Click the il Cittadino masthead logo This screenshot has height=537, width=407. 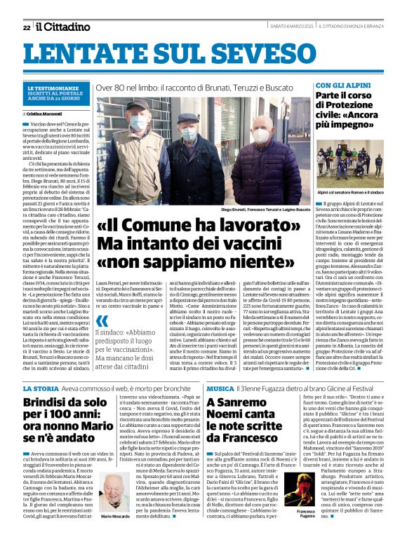(63, 27)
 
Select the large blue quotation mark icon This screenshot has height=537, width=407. (103, 322)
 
